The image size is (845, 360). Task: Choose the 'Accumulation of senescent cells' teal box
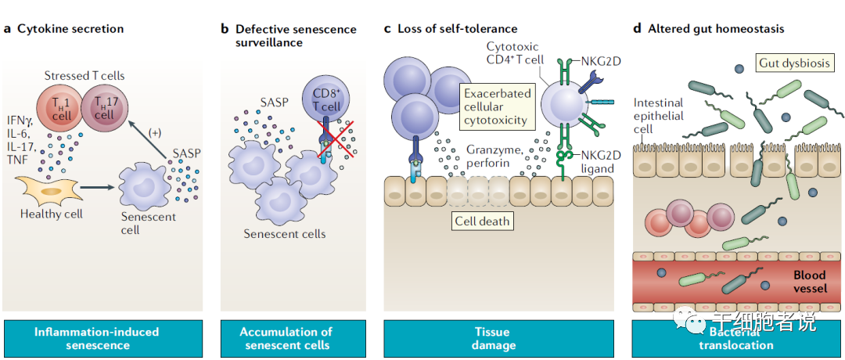[x=286, y=338]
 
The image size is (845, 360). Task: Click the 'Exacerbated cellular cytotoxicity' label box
[x=497, y=107]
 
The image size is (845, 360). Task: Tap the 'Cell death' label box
[x=483, y=221]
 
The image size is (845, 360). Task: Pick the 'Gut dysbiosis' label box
[x=794, y=63]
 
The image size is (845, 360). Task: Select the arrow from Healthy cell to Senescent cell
[x=95, y=188]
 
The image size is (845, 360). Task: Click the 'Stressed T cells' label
[x=84, y=76]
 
